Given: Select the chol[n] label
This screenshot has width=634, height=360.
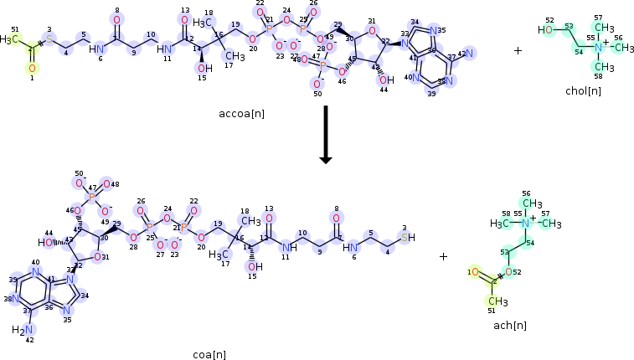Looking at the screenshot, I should pos(583,90).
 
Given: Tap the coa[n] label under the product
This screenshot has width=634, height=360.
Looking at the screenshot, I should pos(209,354).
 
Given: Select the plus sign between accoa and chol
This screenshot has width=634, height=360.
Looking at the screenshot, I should pos(518,50).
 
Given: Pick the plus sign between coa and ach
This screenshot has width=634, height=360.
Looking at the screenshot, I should pos(444,256).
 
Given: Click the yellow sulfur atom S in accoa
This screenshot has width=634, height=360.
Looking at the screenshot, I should pos(49,39).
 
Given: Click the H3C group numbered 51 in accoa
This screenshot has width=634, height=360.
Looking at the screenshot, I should pos(10,39).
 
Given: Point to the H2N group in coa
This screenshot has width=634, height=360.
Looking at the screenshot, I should pos(20,329).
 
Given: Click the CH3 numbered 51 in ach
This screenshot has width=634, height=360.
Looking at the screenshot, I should pos(498,301).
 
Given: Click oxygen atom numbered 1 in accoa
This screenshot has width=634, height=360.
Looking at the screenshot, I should pos(33,68).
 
